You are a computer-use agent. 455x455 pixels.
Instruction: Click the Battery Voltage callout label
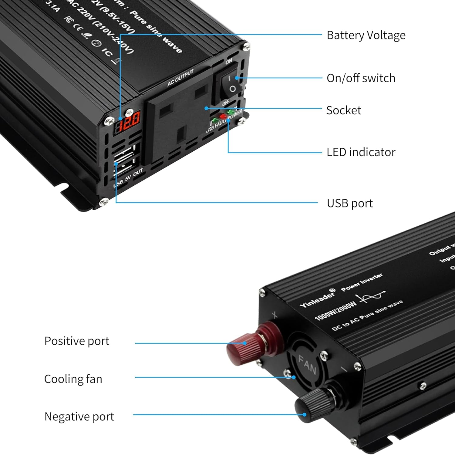coord(366,35)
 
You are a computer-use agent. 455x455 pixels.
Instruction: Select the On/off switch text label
coord(361,78)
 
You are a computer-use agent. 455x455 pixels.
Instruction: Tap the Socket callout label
coord(343,110)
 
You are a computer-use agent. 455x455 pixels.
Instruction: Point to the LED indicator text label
coord(361,152)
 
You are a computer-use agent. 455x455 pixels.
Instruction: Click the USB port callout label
coord(349,203)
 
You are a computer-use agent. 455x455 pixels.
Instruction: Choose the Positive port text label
coord(77,341)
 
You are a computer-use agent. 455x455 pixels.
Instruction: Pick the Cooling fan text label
coord(73,379)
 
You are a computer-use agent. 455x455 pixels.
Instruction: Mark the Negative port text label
coord(79,416)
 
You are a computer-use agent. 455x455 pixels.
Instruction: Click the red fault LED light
coord(224,116)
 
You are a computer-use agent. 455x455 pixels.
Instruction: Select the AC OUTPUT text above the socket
coord(180,78)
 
